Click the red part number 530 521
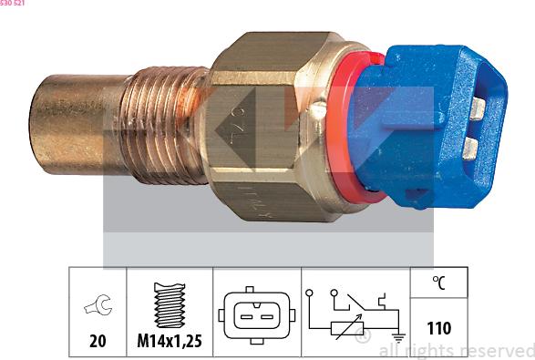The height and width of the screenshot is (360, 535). [x=13, y=4]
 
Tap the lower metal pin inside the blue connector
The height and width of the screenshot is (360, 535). [x=471, y=148]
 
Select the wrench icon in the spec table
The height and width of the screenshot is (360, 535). [x=96, y=306]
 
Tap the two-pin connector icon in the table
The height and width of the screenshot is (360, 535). [x=257, y=315]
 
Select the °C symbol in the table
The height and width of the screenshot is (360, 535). [x=438, y=284]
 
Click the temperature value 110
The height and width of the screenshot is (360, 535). [x=438, y=328]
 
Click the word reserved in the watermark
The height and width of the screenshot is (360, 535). [x=499, y=350]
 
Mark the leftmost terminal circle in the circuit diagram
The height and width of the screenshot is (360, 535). [x=312, y=293]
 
